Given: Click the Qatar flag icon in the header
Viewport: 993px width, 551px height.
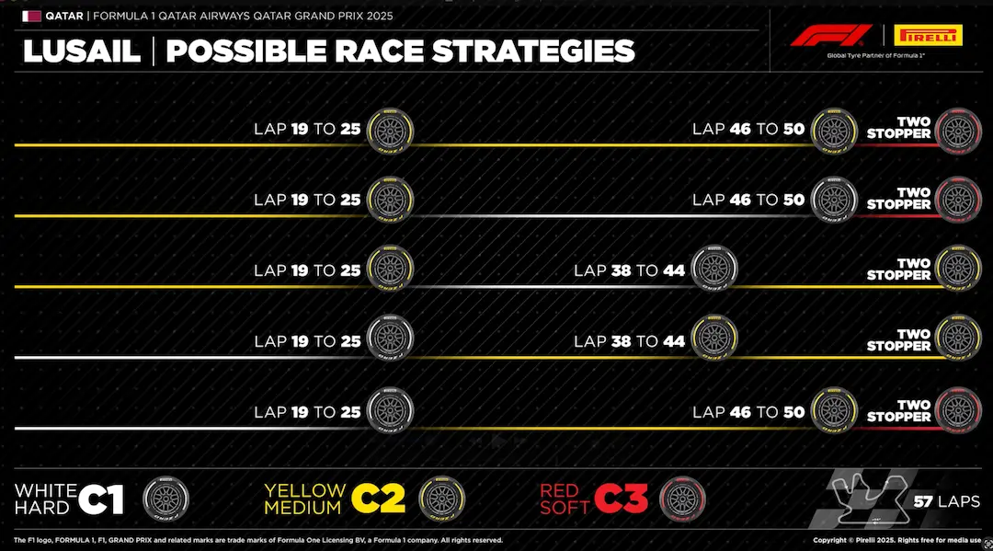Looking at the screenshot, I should coord(31,16).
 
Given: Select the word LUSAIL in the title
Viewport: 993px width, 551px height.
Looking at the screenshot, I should coord(81,52).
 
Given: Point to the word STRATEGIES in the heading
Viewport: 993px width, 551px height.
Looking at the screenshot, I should coord(533,52).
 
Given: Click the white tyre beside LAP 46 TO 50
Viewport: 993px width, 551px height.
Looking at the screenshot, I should coord(835,201).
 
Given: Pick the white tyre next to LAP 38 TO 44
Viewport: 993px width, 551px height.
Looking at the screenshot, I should coord(713,271).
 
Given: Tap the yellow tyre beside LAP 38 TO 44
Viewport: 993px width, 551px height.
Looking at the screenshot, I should coord(713,341).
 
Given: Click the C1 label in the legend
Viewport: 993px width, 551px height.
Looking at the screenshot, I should coord(101,499).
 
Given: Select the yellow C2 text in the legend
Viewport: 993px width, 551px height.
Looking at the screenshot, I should coord(378,499).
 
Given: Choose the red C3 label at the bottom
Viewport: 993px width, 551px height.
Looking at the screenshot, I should coord(621,499).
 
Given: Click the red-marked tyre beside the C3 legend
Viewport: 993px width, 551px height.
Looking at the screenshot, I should coord(682,499).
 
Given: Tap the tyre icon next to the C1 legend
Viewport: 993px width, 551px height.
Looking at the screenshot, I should coord(166,499).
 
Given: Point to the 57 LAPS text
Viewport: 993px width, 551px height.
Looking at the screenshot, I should coord(946,502).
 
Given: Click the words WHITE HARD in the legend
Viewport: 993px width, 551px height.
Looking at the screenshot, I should coord(42,499).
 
